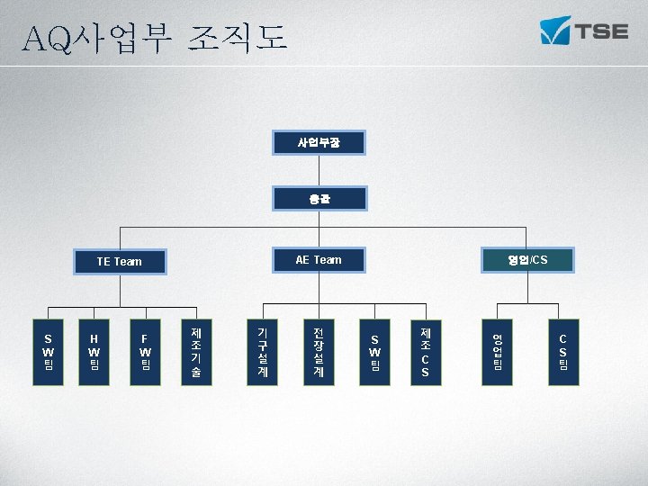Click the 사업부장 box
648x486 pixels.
click(x=319, y=142)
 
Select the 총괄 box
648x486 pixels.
click(x=319, y=198)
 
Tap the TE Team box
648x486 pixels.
click(x=119, y=261)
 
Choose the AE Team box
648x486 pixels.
click(x=319, y=260)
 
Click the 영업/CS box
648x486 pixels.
click(x=526, y=260)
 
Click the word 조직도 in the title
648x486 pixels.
click(x=238, y=37)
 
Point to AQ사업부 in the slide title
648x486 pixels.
click(x=99, y=37)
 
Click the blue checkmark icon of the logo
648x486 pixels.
click(x=554, y=31)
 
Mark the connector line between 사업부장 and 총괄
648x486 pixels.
click(x=319, y=170)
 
